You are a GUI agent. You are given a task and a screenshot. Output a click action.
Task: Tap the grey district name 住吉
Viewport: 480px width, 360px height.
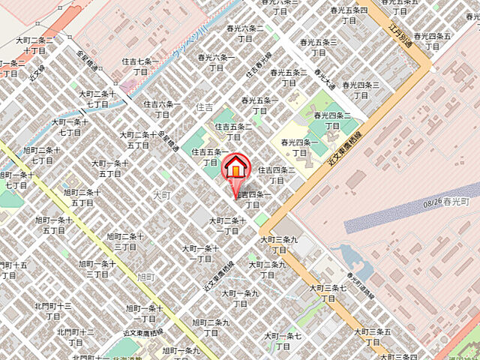coord(204,109)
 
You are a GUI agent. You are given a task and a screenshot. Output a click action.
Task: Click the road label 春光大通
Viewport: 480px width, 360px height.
coord(323,76)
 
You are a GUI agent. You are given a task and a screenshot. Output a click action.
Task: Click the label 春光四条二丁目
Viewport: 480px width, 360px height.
coord(334,120)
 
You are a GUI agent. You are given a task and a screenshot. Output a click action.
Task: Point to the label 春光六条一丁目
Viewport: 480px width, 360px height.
coord(217,62)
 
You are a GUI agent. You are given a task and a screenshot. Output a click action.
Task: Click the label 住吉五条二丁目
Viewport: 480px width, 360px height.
coord(234,132)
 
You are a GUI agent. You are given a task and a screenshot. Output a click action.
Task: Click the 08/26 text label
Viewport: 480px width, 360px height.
coord(433,202)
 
